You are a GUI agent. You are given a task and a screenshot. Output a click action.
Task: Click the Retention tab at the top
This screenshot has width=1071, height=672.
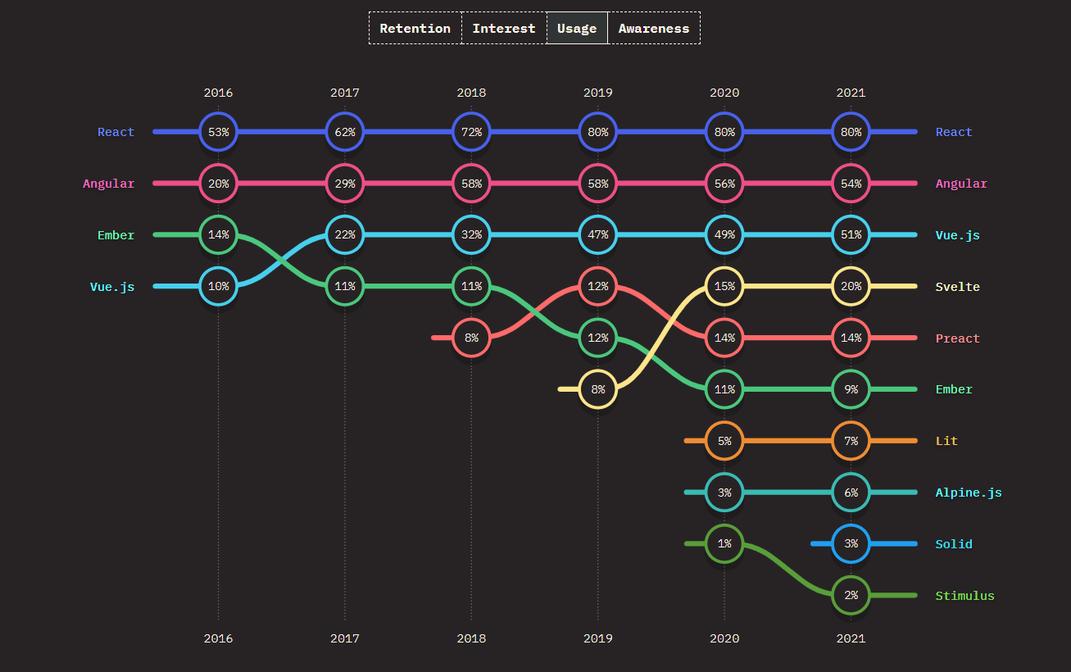[415, 28]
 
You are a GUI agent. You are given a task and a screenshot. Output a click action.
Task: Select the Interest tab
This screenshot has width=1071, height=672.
[503, 28]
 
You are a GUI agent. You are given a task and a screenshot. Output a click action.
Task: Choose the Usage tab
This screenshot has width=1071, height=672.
[577, 28]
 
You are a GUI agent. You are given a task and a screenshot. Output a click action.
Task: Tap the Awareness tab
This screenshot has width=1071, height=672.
[653, 28]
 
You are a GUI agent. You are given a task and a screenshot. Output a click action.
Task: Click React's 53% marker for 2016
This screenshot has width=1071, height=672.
[218, 132]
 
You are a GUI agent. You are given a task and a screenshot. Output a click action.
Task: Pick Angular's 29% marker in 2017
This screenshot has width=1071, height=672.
[344, 184]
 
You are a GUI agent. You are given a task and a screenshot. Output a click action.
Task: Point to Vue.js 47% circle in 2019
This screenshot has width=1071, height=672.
[597, 235]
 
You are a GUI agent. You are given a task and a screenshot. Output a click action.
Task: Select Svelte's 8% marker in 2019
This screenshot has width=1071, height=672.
[597, 389]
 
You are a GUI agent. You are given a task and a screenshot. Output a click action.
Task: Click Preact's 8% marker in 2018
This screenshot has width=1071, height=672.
[471, 338]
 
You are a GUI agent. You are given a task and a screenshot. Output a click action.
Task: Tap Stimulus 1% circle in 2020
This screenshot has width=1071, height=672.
[724, 543]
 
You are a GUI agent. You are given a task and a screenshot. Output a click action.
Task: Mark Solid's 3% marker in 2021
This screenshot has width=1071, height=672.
[851, 543]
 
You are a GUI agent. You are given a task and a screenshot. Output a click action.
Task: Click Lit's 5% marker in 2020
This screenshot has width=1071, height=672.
[724, 441]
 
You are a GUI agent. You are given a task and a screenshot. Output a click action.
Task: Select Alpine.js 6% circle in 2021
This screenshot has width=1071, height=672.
[851, 493]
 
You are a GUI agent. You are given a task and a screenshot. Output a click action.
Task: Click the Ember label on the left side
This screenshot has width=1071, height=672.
[116, 235]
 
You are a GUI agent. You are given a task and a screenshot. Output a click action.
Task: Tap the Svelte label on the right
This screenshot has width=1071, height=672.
[957, 287]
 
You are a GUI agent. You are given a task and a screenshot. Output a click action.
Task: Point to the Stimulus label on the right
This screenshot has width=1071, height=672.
[964, 596]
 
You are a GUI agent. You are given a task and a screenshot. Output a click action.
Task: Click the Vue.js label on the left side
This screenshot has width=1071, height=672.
[112, 287]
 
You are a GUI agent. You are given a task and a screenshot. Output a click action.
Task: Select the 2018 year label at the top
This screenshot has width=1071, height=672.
[471, 93]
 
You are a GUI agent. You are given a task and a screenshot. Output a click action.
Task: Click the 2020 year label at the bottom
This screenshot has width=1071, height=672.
[724, 638]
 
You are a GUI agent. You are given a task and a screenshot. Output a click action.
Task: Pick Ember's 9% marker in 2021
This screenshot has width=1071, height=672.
[851, 389]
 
